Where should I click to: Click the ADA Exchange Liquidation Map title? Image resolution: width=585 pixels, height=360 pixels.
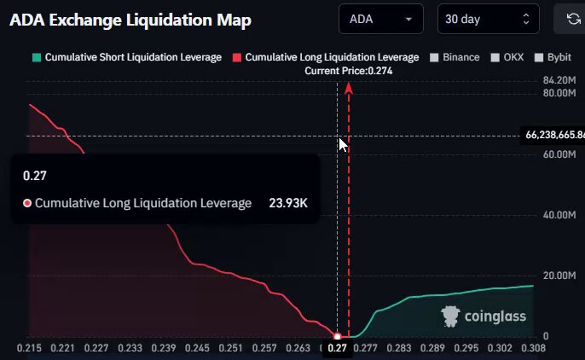click(130, 20)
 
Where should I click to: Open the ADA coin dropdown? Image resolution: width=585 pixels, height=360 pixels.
click(381, 19)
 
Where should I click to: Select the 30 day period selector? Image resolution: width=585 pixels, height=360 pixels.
click(488, 19)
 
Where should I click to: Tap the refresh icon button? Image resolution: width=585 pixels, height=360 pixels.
click(573, 19)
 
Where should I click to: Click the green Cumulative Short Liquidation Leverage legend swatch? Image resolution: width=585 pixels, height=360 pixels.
click(37, 57)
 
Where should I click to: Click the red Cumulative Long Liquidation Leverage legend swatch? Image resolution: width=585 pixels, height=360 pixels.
click(236, 57)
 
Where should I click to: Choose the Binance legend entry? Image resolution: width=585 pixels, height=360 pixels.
click(455, 57)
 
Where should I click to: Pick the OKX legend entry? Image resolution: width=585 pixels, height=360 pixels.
click(507, 57)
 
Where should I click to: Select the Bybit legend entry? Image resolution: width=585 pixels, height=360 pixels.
click(553, 57)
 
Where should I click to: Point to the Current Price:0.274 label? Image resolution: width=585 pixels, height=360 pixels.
click(349, 71)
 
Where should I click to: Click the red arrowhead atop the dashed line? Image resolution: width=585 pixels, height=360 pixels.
click(349, 88)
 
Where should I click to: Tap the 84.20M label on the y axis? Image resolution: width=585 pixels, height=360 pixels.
click(559, 80)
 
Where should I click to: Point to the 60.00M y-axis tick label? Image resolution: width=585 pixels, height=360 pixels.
click(559, 154)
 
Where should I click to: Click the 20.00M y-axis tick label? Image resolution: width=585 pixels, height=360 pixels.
click(559, 276)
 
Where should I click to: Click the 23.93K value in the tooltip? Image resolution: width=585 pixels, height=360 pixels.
click(288, 203)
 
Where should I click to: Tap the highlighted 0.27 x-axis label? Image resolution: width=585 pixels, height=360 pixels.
click(337, 348)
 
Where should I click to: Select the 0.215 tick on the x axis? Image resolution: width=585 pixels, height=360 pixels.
click(29, 348)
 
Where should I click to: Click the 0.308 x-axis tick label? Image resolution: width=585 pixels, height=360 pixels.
click(534, 348)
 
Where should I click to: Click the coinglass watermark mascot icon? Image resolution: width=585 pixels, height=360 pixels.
click(450, 316)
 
